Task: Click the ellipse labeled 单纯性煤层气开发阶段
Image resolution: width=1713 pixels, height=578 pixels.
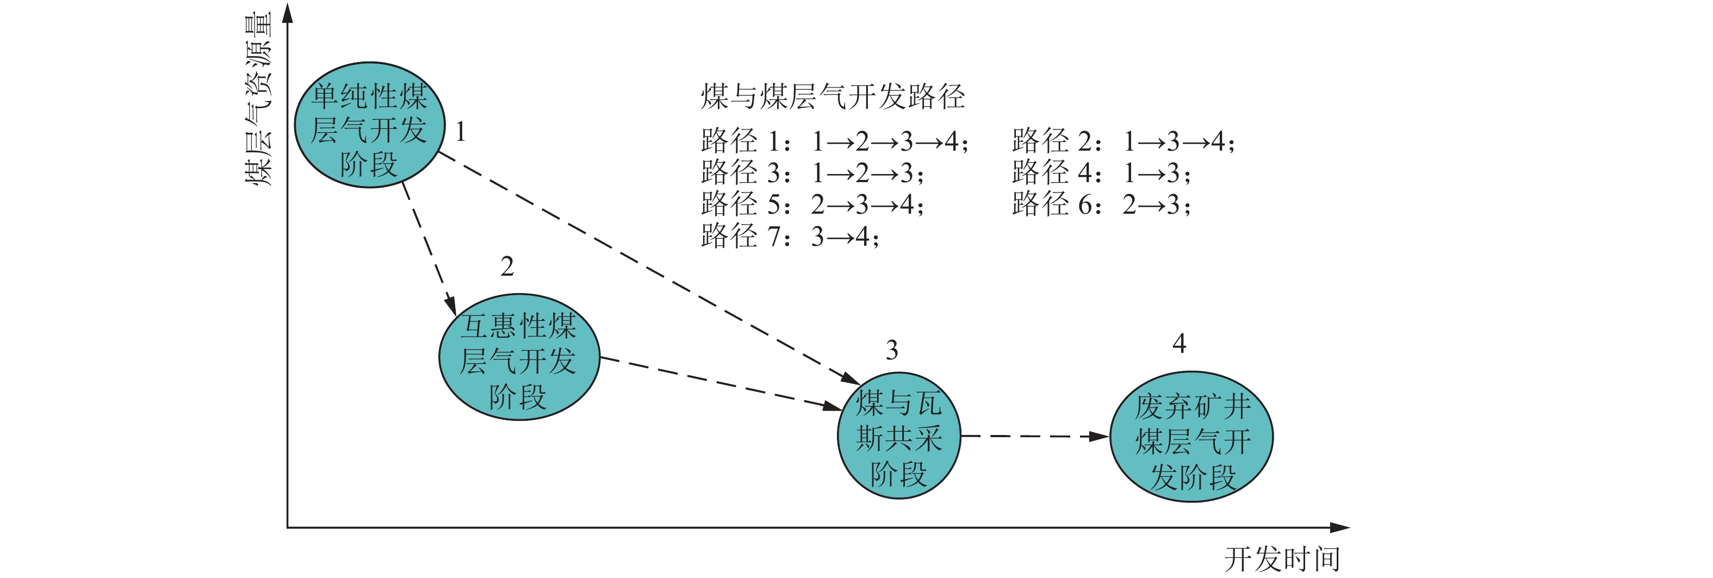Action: point(369,125)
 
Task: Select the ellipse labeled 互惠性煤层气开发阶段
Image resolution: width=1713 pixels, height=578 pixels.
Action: point(519,357)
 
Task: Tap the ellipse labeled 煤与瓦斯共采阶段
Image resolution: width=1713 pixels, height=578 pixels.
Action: point(898,436)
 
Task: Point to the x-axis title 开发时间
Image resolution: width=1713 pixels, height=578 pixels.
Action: point(1282,560)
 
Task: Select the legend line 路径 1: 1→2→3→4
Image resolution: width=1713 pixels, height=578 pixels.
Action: point(835,141)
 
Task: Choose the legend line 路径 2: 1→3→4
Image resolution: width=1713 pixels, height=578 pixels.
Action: point(1123,141)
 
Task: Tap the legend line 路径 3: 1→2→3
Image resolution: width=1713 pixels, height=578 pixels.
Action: point(812,173)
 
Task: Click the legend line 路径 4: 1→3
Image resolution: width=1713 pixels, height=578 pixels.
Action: point(1101,173)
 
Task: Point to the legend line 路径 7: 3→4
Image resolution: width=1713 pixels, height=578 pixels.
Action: point(790,236)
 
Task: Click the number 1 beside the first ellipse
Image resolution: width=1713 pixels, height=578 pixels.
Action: point(460,132)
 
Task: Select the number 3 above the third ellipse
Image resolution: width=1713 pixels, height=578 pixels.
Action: point(892,350)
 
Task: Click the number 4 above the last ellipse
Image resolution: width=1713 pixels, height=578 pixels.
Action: point(1179,343)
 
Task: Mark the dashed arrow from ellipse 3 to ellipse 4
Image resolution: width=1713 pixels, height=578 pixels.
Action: point(1035,436)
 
